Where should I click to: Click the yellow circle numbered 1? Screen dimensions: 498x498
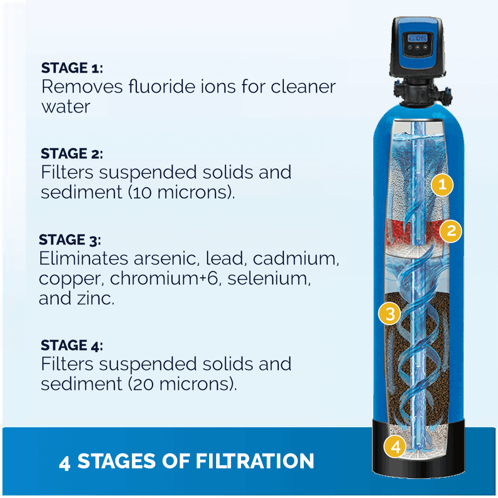click(x=442, y=185)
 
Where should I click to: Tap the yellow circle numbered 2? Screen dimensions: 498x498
click(x=451, y=231)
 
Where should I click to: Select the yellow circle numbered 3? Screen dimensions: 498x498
click(x=389, y=314)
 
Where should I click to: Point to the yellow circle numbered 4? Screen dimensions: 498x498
click(x=395, y=447)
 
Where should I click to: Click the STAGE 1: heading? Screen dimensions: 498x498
click(x=72, y=68)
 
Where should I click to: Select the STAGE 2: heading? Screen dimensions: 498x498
click(x=72, y=153)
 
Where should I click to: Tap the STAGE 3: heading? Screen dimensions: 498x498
click(x=70, y=240)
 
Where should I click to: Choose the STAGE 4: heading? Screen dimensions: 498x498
click(x=72, y=345)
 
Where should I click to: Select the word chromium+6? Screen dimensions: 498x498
click(x=163, y=279)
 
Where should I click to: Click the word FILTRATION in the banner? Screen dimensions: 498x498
click(x=254, y=461)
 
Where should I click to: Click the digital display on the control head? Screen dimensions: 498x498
click(x=416, y=39)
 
